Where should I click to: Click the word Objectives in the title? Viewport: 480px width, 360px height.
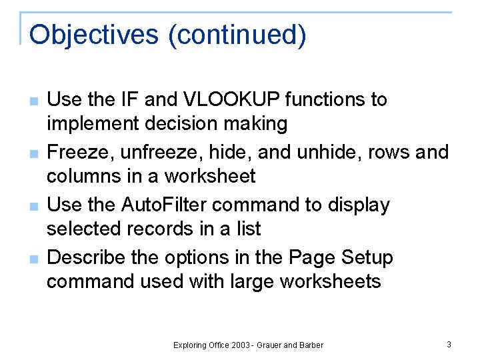click(95, 35)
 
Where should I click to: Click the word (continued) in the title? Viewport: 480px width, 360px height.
click(237, 35)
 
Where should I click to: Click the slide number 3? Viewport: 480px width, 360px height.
click(449, 344)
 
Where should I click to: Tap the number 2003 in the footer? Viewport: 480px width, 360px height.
click(239, 345)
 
